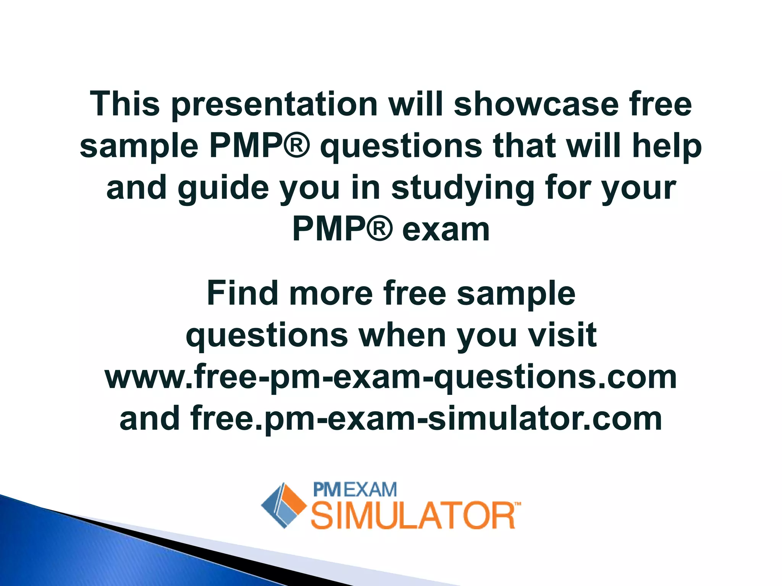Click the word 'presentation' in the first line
274,105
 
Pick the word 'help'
667,146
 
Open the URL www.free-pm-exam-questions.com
391,377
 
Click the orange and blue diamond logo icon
283,506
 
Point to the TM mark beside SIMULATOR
517,504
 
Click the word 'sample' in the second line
139,146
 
